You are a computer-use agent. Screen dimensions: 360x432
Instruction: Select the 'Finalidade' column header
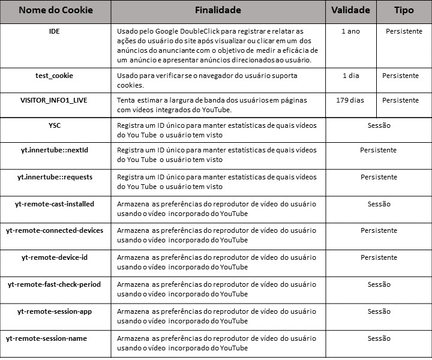pyautogui.click(x=218, y=11)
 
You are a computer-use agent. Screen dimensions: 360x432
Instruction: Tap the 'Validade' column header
pyautogui.click(x=351, y=11)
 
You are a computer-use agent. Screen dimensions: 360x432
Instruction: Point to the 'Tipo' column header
pyautogui.click(x=404, y=11)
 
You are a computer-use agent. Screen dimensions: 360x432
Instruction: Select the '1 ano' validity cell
pyautogui.click(x=350, y=31)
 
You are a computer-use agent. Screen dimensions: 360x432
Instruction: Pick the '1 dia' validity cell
pyautogui.click(x=350, y=76)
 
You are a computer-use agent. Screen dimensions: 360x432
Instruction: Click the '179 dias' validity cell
pyautogui.click(x=350, y=100)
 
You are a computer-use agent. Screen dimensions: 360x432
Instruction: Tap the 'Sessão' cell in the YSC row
pyautogui.click(x=379, y=125)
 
